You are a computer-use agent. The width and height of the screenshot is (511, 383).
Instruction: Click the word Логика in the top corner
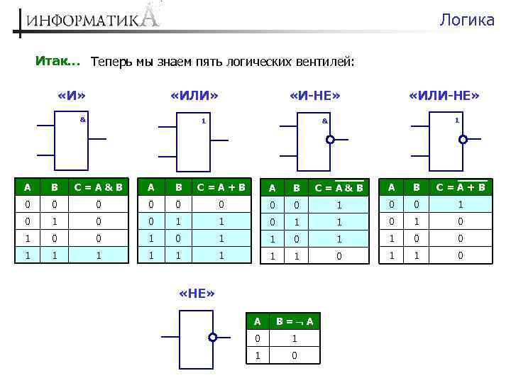(x=466, y=20)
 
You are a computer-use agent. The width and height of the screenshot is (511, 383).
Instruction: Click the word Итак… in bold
(x=57, y=62)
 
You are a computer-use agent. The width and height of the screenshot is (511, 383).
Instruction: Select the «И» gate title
(x=77, y=95)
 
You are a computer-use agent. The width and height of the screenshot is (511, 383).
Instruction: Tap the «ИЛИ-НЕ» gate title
(x=445, y=95)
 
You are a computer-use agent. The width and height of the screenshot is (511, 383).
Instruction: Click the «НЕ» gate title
(x=197, y=294)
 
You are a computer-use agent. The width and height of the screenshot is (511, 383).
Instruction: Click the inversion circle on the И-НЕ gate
(x=330, y=140)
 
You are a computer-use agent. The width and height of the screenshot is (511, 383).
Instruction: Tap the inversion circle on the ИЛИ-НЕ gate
(x=463, y=140)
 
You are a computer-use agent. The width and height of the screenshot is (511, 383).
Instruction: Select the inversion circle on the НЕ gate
(x=212, y=338)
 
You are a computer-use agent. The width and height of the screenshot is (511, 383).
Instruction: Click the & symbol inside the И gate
(x=82, y=119)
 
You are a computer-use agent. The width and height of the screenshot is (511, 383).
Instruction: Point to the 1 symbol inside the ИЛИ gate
(x=203, y=120)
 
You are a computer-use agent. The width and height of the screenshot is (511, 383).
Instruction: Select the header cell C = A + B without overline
(x=221, y=188)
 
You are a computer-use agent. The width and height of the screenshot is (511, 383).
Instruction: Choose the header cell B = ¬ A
(x=294, y=321)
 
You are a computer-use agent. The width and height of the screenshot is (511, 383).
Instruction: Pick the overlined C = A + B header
(x=461, y=187)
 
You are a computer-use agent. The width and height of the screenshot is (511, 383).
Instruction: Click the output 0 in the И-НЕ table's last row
(x=339, y=255)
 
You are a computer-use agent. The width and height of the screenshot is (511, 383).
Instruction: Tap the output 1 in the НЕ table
(x=294, y=338)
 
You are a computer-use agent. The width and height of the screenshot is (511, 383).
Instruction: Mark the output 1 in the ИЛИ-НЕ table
(x=461, y=204)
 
